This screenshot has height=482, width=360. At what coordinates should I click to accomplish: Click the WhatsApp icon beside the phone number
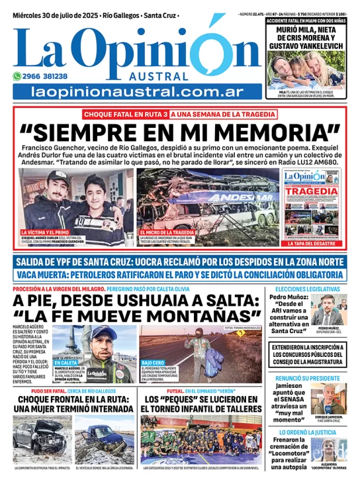pyautogui.click(x=18, y=76)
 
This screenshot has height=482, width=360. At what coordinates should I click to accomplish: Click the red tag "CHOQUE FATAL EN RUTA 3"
pyautogui.click(x=124, y=114)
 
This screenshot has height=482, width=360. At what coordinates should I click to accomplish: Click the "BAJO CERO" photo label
pyautogui.click(x=152, y=363)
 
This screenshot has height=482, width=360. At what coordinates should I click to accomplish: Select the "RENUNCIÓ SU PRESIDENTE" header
pyautogui.click(x=308, y=376)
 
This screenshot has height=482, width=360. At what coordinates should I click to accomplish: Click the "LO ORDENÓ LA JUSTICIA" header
pyautogui.click(x=308, y=431)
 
